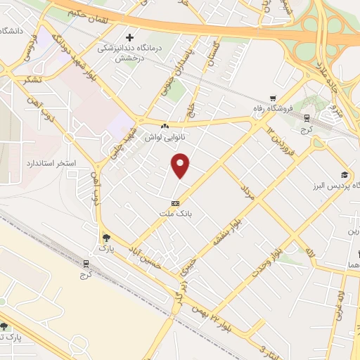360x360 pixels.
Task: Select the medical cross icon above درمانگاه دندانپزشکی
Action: pyautogui.click(x=129, y=37)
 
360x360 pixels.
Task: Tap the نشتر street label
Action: pyautogui.click(x=33, y=79)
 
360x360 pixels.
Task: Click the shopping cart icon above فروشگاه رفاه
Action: pyautogui.click(x=273, y=98)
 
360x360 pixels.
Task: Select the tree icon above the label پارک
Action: pyautogui.click(x=105, y=238)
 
